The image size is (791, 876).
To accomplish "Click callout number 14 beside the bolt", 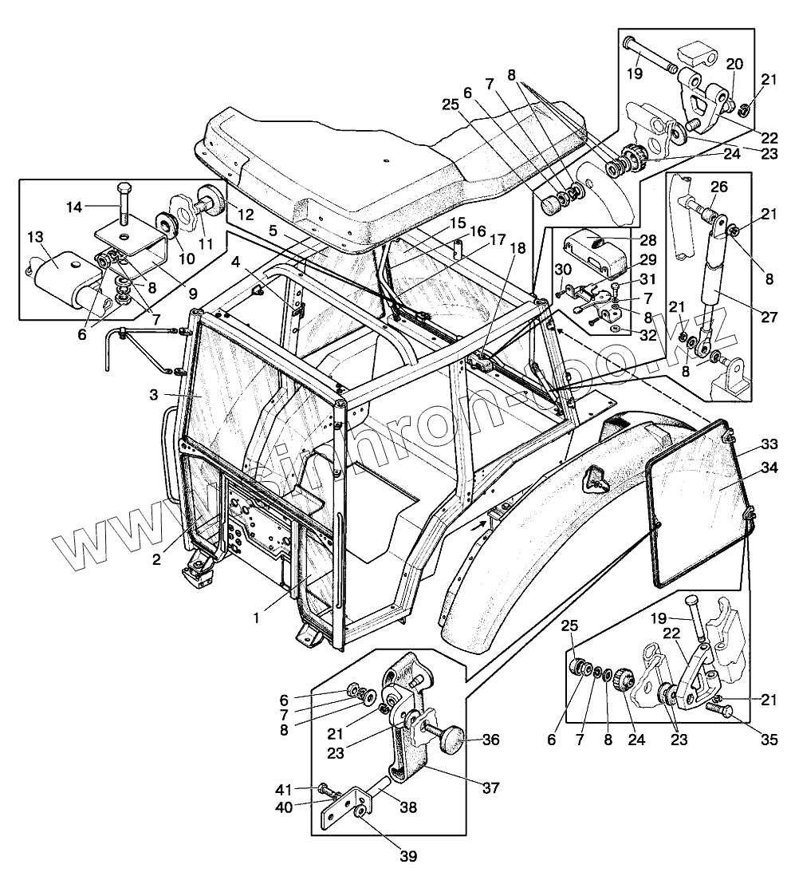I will (x=73, y=207).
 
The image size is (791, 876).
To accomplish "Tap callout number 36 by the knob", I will (x=490, y=740).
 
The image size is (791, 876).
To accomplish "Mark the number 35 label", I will (x=769, y=740).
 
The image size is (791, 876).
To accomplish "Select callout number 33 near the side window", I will (x=769, y=444).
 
